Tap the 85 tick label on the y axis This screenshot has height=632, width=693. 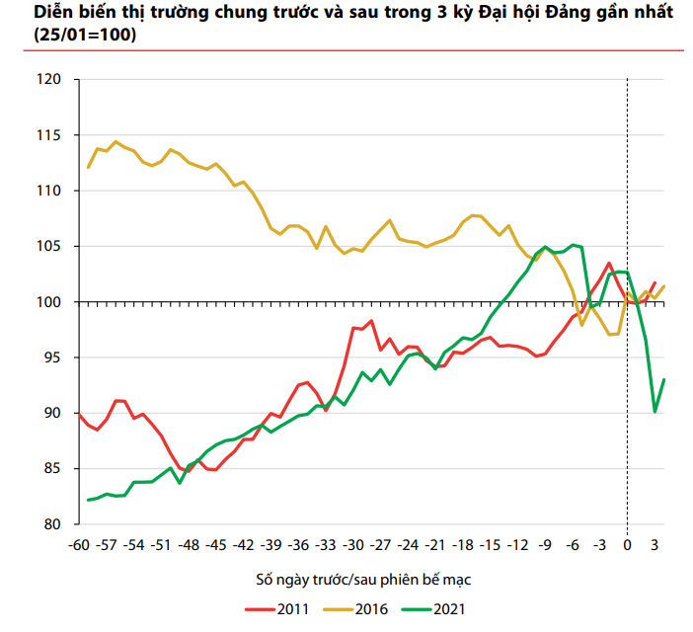click(51, 468)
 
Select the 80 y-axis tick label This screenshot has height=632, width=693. click(51, 523)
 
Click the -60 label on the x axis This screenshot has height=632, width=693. click(79, 543)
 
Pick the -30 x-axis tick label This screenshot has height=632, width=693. click(353, 543)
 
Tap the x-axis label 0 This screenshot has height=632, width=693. click(628, 543)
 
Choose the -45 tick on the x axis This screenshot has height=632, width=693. click(216, 543)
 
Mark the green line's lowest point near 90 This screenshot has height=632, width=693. click(655, 412)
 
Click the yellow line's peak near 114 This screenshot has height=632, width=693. click(115, 141)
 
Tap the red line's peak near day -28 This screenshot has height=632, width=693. click(371, 320)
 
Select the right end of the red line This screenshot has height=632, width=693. click(654, 282)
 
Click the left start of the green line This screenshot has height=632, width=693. click(88, 500)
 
